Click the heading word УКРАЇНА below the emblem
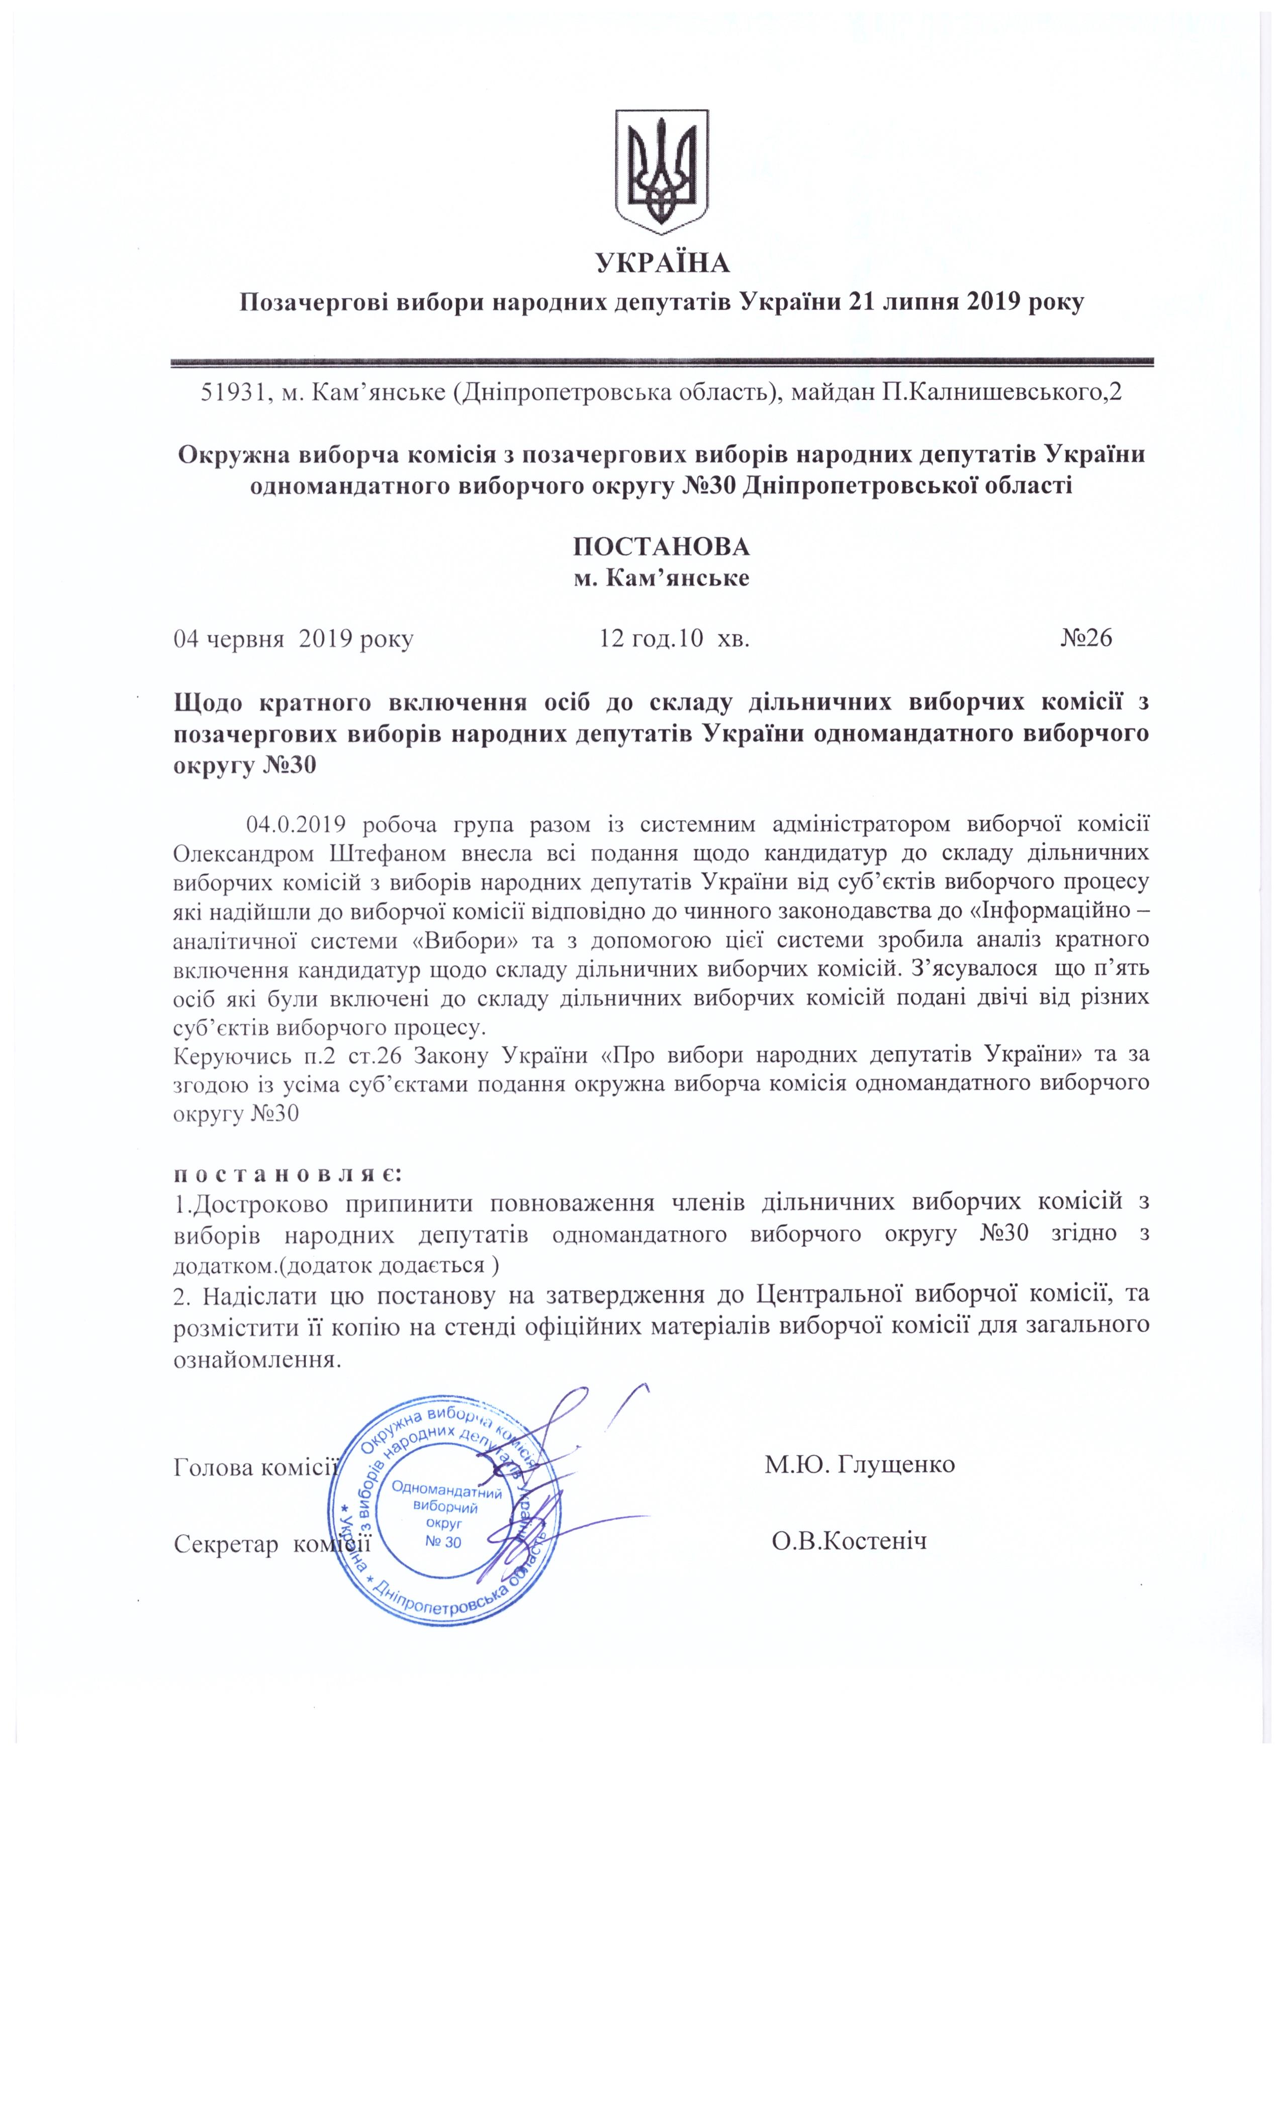tap(663, 263)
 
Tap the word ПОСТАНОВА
tap(661, 547)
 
